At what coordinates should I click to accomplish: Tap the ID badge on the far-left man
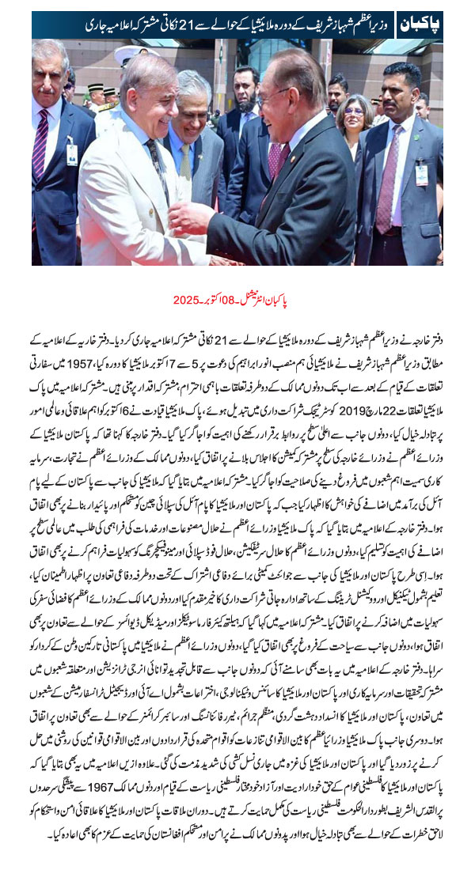(73, 153)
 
